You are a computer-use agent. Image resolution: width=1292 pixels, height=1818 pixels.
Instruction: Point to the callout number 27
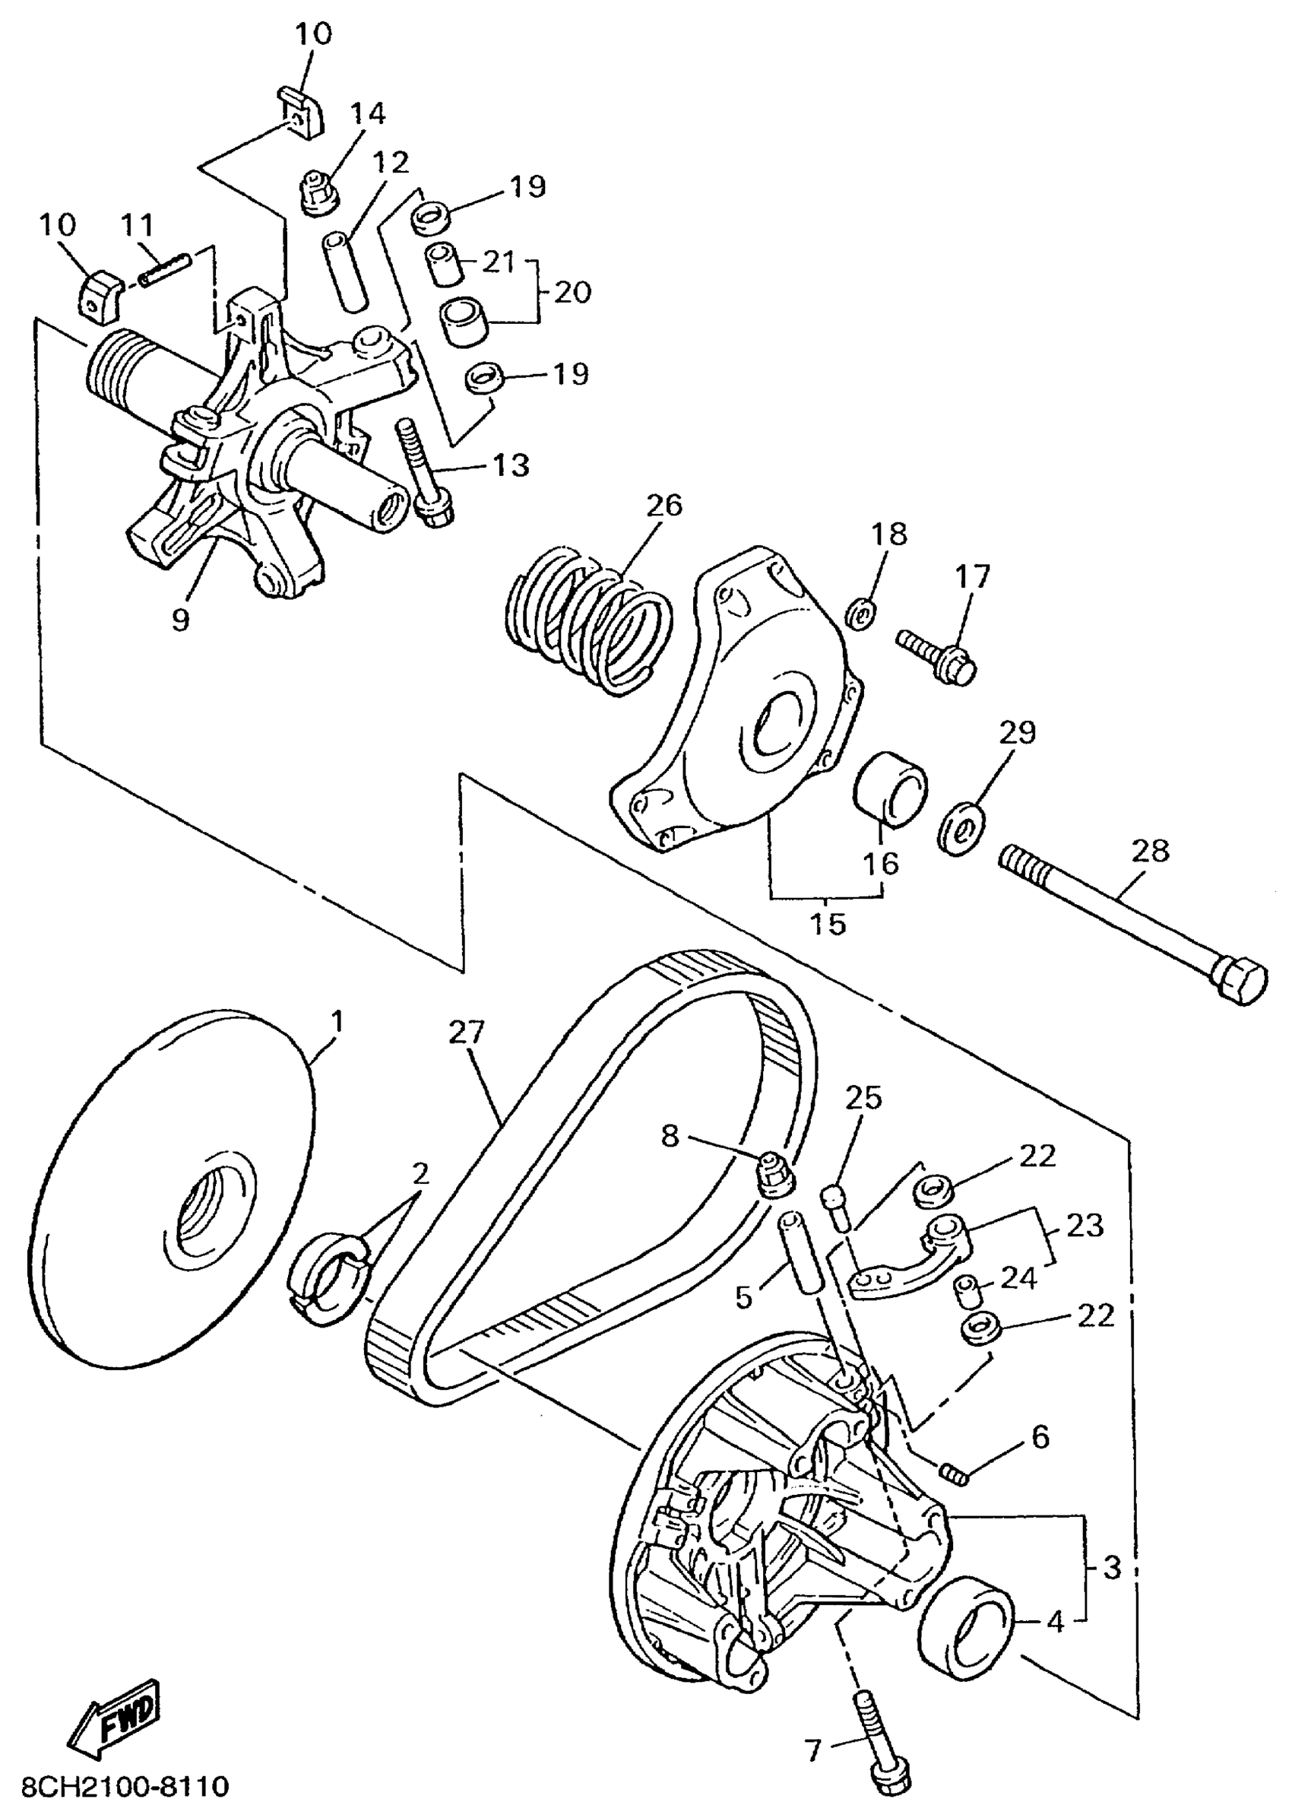click(x=466, y=1033)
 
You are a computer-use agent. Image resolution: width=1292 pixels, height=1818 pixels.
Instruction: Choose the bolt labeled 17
click(x=937, y=658)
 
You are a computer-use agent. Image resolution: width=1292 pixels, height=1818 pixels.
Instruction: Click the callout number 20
click(x=573, y=292)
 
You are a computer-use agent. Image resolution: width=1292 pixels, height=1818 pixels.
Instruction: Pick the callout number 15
click(x=828, y=923)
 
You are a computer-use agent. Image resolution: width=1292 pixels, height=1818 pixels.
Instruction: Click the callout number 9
click(x=181, y=619)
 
